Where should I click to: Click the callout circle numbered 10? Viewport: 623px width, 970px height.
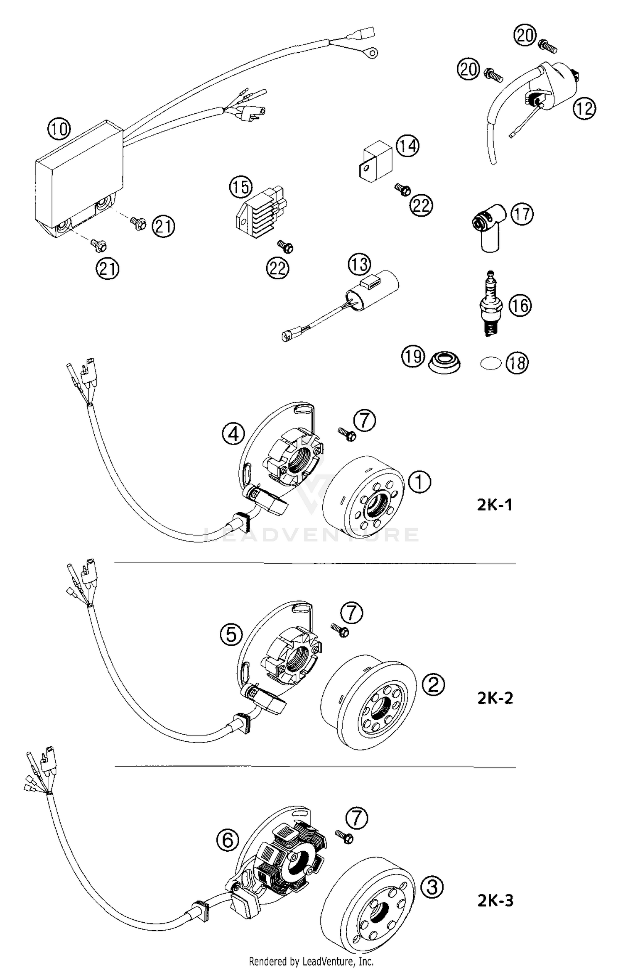pyautogui.click(x=59, y=129)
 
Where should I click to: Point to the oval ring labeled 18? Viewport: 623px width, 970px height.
pyautogui.click(x=490, y=364)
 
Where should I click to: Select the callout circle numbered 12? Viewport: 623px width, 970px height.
pyautogui.click(x=584, y=108)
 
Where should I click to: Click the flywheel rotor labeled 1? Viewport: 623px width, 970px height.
pyautogui.click(x=364, y=497)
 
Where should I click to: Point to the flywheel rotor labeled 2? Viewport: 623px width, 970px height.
pyautogui.click(x=369, y=702)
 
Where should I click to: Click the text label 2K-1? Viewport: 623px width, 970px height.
pyautogui.click(x=494, y=505)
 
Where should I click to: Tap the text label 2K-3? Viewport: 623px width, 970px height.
pyautogui.click(x=495, y=901)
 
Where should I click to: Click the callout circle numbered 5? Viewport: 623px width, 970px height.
pyautogui.click(x=231, y=634)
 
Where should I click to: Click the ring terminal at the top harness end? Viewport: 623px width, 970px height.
pyautogui.click(x=373, y=53)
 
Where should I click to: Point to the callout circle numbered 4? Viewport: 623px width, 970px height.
pyautogui.click(x=233, y=434)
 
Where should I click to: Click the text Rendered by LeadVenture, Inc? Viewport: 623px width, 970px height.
pyautogui.click(x=311, y=961)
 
